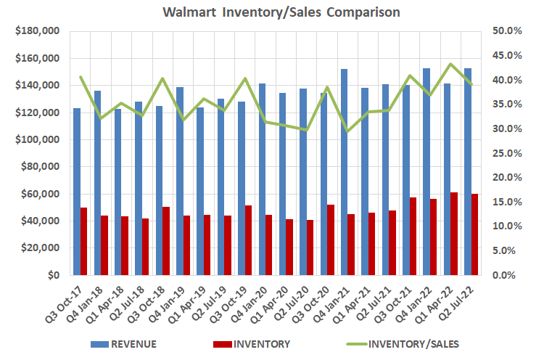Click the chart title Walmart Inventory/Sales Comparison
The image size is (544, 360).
pos(272,12)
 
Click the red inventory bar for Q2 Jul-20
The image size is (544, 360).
pos(310,247)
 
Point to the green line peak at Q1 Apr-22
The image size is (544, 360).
pos(450,64)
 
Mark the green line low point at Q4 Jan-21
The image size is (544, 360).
pos(348,131)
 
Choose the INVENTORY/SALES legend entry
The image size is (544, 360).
pos(407,343)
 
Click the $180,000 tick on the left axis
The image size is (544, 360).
pos(36,31)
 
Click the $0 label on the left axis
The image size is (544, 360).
pos(53,276)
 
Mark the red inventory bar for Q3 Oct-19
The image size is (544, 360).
pos(249,240)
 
